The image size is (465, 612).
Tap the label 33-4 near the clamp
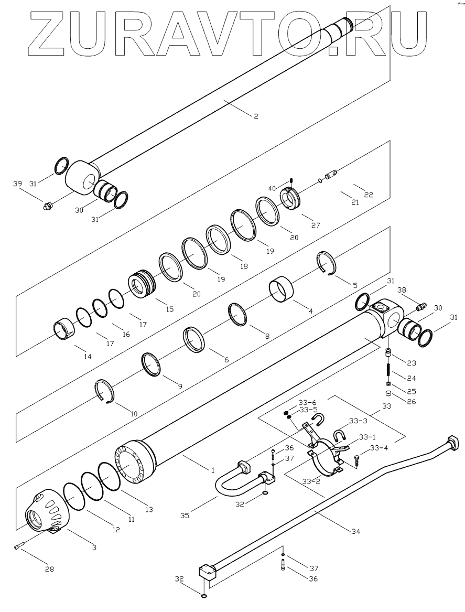[x=380, y=448]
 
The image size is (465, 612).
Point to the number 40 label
[x=272, y=188]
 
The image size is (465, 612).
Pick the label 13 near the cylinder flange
[x=149, y=509]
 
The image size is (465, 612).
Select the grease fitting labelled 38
[x=421, y=305]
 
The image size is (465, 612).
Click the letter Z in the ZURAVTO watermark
[x=47, y=36]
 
